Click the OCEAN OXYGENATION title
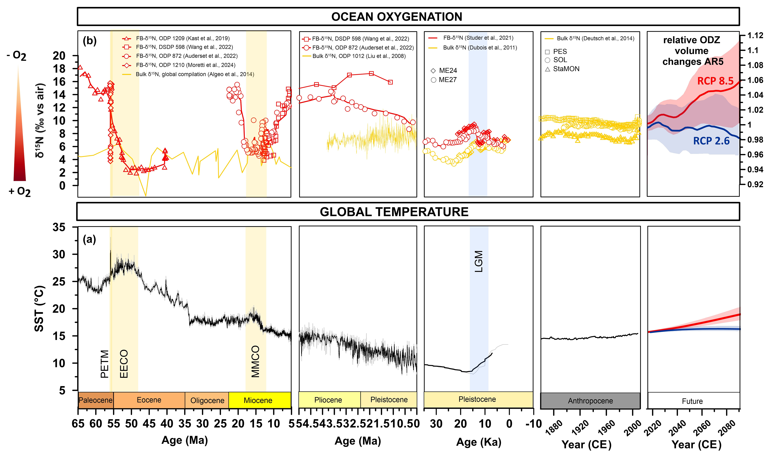397,17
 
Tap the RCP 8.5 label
715,81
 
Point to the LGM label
479,261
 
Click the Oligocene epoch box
207,400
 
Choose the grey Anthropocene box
590,401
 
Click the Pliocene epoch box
328,400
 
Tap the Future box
692,401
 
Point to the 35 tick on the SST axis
59,227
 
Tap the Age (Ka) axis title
479,442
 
